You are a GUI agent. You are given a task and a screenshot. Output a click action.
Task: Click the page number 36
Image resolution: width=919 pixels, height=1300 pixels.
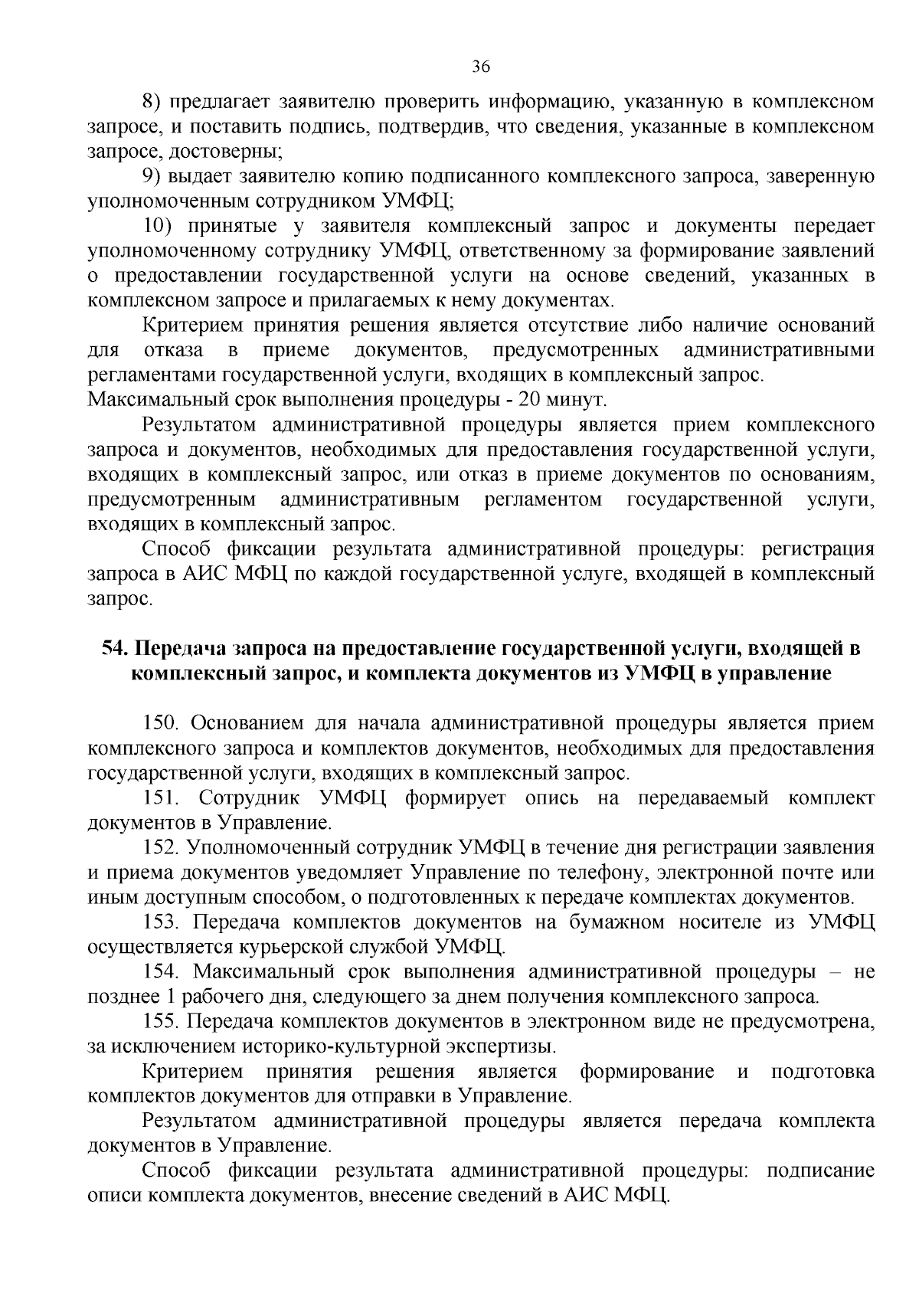click(481, 67)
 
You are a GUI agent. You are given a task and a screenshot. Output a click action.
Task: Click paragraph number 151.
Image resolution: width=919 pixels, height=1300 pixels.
click(162, 798)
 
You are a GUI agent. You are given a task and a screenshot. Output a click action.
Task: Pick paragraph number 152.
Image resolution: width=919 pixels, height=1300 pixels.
click(162, 848)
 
